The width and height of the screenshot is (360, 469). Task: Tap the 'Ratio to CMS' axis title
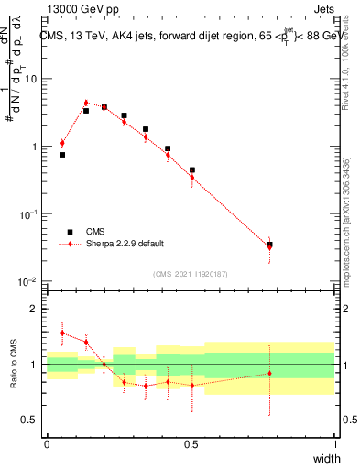pos(14,365)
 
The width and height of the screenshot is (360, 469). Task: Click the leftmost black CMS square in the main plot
pos(62,155)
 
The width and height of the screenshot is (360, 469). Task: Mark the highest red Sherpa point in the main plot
pos(86,104)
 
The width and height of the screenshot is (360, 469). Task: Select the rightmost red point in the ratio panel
pos(269,373)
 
